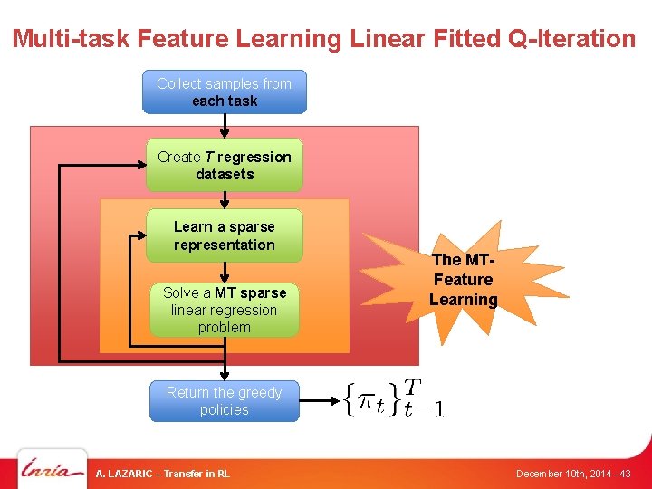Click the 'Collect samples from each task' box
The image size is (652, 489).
click(x=225, y=91)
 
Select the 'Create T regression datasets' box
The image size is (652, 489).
click(x=225, y=165)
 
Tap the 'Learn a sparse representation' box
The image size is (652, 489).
click(x=225, y=235)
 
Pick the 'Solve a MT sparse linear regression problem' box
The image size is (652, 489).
click(x=225, y=310)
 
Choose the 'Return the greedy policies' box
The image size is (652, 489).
click(x=225, y=401)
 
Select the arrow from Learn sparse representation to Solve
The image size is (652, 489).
click(x=225, y=270)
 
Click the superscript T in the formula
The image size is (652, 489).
click(x=411, y=388)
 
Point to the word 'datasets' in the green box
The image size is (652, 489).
click(x=225, y=174)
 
